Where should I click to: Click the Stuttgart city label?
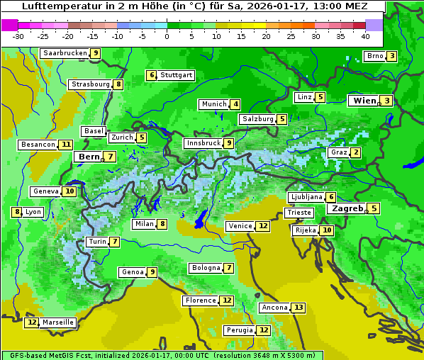tap(176, 75)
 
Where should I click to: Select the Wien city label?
tap(364, 101)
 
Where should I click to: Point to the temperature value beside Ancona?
tap(299, 308)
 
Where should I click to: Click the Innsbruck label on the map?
tap(202, 143)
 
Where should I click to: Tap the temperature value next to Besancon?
tap(66, 145)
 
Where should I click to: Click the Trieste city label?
tap(298, 213)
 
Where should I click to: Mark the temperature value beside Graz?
tap(356, 152)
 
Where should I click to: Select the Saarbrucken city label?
tap(65, 53)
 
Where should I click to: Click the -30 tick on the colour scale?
tap(18, 36)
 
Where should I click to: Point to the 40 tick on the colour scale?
tap(365, 36)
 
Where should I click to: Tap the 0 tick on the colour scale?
tap(167, 36)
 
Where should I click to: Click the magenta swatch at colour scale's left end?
tap(9, 24)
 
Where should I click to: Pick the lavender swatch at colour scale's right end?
tap(374, 24)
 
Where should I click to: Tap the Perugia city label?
tap(239, 330)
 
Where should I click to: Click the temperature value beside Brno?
tap(391, 57)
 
